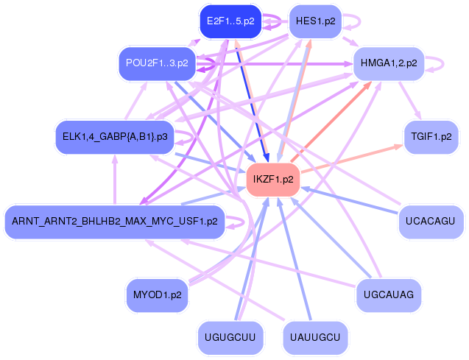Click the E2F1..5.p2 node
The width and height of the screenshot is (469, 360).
click(230, 21)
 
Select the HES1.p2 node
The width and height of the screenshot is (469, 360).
click(315, 21)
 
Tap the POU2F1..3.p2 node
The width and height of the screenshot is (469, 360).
click(157, 63)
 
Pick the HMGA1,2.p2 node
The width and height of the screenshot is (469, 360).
click(389, 63)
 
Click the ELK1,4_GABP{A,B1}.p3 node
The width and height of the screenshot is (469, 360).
click(113, 136)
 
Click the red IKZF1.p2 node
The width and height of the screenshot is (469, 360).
click(272, 179)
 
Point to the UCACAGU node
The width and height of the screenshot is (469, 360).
click(431, 221)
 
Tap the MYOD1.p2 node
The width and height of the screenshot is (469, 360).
click(157, 295)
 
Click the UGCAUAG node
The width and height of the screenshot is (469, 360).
click(389, 295)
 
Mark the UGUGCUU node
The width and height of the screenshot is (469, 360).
click(230, 337)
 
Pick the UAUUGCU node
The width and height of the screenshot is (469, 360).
click(315, 337)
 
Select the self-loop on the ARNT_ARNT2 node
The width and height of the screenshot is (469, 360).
click(237, 220)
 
